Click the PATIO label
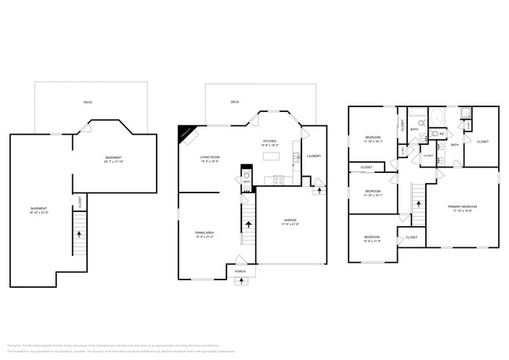(x=88, y=103)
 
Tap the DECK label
(x=234, y=103)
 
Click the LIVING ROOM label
(x=209, y=157)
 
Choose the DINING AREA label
(x=205, y=232)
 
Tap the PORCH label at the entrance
(x=240, y=272)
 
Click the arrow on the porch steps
(x=240, y=281)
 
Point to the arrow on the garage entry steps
(x=319, y=189)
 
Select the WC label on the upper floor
(x=442, y=135)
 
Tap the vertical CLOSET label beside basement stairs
(x=80, y=201)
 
